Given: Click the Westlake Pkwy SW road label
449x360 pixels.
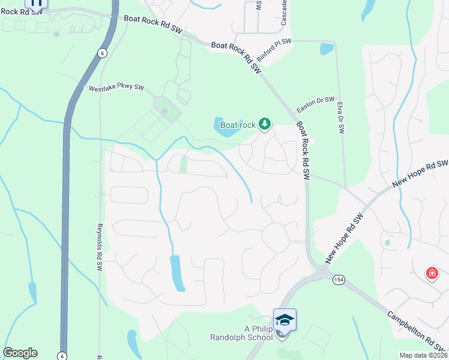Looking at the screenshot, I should (116, 88).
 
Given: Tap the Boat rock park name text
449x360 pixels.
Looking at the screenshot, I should (238, 125).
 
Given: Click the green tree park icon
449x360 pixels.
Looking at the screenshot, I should (264, 124).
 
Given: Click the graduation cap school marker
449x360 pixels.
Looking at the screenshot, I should (285, 319).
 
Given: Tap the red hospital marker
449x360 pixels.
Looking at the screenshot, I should (432, 274).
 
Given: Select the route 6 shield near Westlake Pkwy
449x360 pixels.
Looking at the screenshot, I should (103, 53).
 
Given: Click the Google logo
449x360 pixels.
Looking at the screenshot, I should (20, 353).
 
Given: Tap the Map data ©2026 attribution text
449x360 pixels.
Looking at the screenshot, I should (423, 355).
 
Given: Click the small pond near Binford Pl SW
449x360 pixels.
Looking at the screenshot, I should (327, 49).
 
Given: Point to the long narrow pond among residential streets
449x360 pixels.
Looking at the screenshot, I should (177, 273).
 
